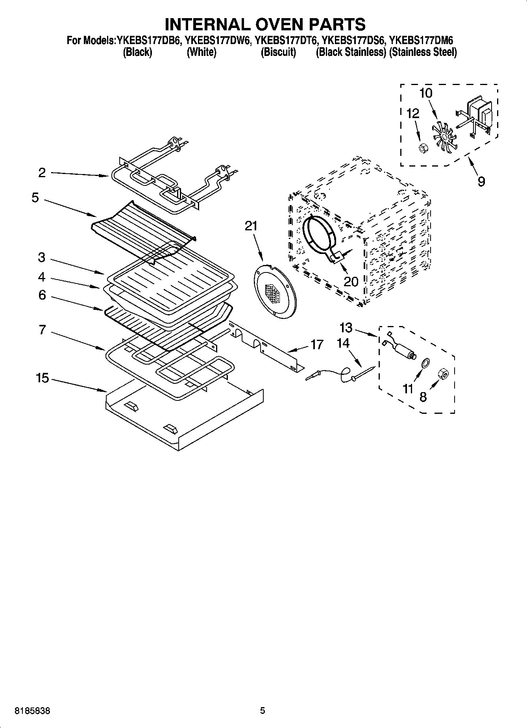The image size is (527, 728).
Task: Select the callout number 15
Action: tap(42, 378)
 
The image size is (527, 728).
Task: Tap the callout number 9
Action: tap(481, 182)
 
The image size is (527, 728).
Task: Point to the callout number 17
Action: tap(317, 345)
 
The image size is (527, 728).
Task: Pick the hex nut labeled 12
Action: tap(421, 148)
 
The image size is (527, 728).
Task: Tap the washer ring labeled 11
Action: tap(425, 363)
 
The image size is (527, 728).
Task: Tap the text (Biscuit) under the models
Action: tap(278, 52)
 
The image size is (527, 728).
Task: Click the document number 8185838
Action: tap(32, 710)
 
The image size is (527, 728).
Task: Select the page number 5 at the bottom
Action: tap(263, 710)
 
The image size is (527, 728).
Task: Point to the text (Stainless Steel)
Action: tap(423, 52)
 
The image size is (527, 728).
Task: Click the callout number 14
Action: tap(343, 343)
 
